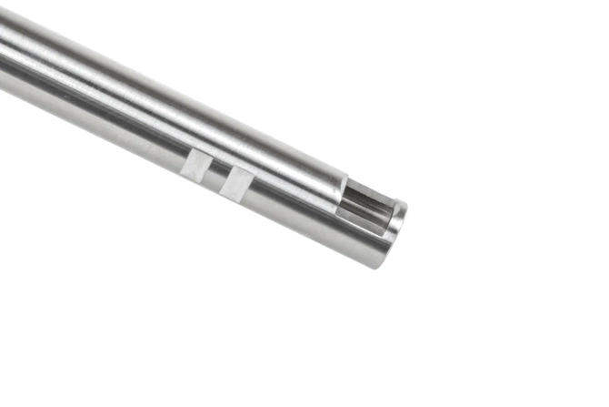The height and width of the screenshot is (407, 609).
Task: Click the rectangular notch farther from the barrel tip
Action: [196, 167]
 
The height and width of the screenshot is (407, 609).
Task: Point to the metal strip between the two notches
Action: [216, 175]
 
